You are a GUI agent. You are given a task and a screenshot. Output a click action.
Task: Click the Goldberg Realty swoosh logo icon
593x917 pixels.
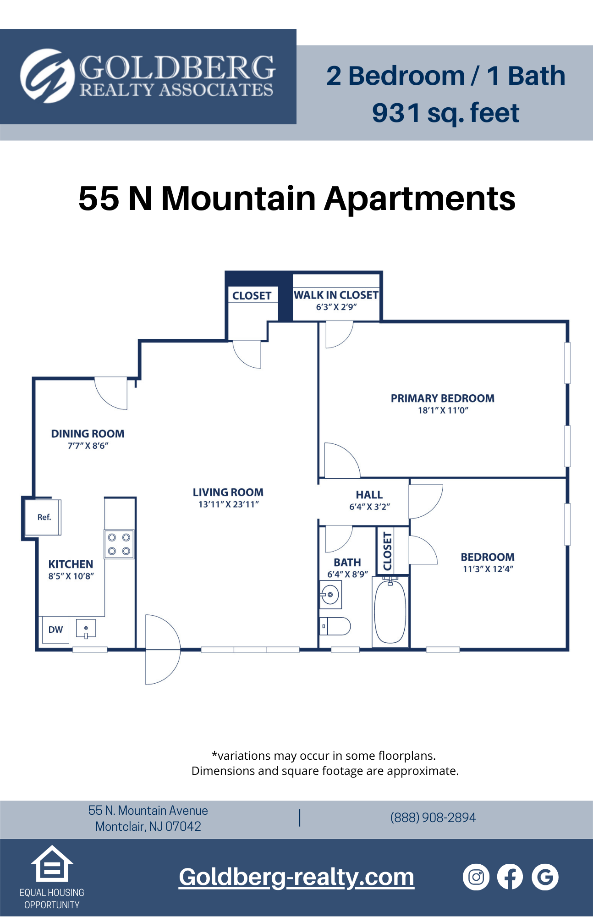pos(47,76)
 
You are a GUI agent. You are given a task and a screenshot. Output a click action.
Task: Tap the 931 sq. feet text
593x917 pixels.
pos(445,113)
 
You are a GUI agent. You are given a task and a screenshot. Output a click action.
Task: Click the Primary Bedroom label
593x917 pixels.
pos(442,398)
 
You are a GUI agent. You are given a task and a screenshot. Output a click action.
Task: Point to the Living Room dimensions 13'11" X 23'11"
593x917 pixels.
pos(228,504)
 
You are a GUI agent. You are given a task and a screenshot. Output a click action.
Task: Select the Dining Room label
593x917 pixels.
pos(88,434)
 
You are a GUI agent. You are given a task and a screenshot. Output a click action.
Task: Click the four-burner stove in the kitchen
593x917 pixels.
pos(119,544)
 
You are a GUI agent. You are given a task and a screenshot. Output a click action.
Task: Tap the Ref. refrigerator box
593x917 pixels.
pos(43,517)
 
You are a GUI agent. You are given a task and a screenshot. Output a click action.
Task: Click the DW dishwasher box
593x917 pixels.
pos(55,630)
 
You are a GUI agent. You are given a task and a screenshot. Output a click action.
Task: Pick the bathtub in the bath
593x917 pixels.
pos(390,612)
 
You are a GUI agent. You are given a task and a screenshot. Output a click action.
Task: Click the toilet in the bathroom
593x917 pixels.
pos(335,626)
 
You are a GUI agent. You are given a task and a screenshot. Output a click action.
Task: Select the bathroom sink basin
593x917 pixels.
pos(330,595)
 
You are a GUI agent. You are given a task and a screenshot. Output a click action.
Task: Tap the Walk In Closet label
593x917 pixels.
pos(336,295)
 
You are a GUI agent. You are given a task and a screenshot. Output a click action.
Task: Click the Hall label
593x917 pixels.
pos(369,495)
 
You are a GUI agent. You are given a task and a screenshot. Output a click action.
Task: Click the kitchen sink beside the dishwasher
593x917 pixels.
pos(86,629)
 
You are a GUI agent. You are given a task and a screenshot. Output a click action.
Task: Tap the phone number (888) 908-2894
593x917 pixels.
pos(433,818)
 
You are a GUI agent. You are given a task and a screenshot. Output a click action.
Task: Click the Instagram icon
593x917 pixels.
pos(476,877)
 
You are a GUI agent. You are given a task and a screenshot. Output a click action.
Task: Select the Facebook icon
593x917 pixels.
pos(510,877)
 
